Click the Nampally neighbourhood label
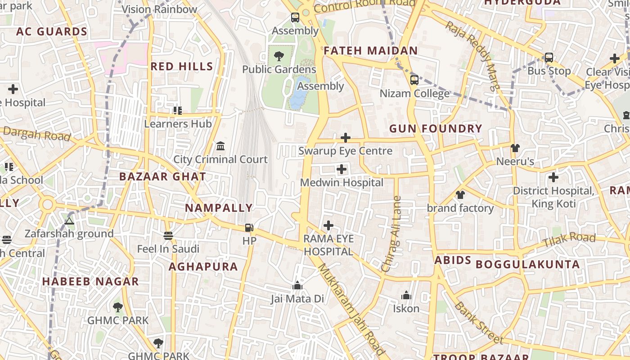point(219,208)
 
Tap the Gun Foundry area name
point(436,129)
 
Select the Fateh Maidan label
point(371,50)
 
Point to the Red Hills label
point(182,67)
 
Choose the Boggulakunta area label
point(527,264)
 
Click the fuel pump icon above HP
point(249,228)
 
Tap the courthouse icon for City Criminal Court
point(220,146)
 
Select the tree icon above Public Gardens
point(279,56)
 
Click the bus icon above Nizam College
point(414,80)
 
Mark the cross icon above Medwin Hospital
point(342,170)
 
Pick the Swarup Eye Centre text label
point(345,151)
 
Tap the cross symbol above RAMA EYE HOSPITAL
point(328,225)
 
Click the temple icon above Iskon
point(406,296)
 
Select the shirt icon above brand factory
point(460,195)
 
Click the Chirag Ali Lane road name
point(391,234)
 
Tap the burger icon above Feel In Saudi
point(168,236)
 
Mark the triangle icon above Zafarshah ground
point(69,220)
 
